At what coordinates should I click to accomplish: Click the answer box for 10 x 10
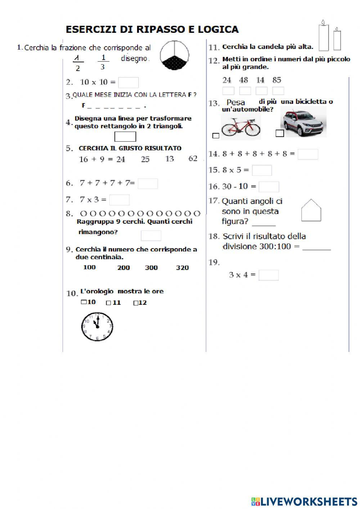pos(129,82)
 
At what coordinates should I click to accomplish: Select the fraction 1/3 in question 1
pos(103,62)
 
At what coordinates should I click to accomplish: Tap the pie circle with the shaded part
pos(174,55)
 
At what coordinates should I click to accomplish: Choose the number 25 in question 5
pos(145,159)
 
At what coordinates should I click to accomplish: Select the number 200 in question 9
pos(123,268)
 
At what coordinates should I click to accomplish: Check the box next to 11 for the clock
pos(108,303)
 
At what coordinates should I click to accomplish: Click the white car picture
pos(303,122)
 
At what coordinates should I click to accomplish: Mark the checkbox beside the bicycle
pos(216,136)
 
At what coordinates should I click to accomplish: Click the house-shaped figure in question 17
pos(311,210)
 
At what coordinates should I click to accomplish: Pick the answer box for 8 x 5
pos(262,170)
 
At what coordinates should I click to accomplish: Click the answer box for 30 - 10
pos(269,187)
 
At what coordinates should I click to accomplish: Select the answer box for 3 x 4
pos(269,275)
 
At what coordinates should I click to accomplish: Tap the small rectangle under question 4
pos(125,137)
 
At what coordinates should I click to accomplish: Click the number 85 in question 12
pos(277,80)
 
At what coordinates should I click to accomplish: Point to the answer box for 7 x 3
pos(120,200)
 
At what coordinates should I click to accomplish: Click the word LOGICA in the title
pos(218,29)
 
